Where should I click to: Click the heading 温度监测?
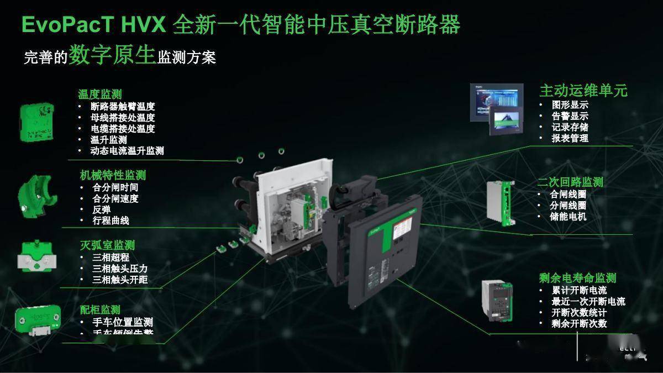click(99, 94)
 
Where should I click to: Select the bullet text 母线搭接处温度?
click(123, 118)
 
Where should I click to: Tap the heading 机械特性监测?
click(113, 175)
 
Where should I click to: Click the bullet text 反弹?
click(102, 210)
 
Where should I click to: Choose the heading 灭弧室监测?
click(107, 245)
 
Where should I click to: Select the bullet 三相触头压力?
click(120, 269)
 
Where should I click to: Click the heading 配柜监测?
click(99, 309)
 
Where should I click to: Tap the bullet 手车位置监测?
click(122, 322)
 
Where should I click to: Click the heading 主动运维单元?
click(583, 91)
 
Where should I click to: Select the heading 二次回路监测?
click(570, 182)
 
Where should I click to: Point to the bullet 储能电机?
click(568, 216)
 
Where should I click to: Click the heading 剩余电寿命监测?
click(577, 278)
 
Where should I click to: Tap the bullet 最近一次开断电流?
click(588, 302)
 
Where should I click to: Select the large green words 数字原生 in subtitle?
click(112, 56)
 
